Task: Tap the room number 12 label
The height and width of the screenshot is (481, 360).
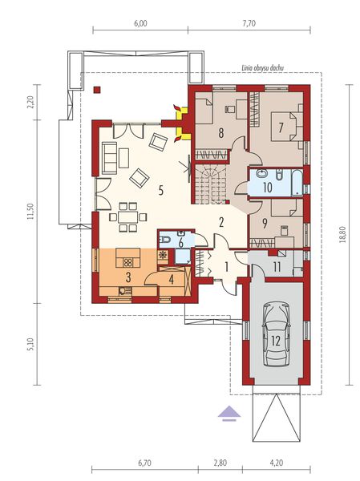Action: pos(276,340)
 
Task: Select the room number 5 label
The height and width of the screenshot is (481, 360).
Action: pos(161,190)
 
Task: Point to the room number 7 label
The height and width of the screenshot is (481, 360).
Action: pos(281,127)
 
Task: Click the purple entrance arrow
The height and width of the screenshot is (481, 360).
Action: pos(229,413)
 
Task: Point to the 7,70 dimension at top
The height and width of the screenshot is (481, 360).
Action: pos(248,24)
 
